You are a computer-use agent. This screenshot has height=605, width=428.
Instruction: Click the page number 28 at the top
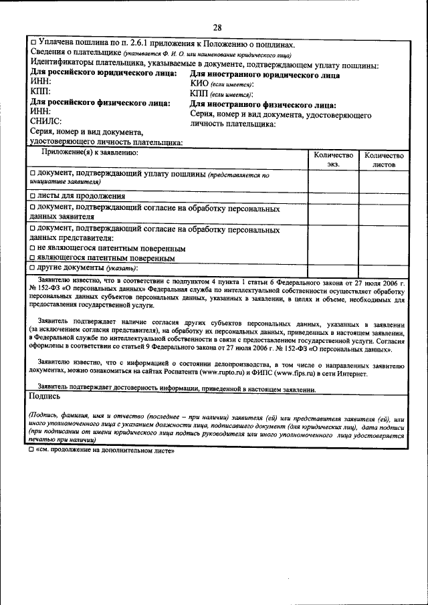coord(217,27)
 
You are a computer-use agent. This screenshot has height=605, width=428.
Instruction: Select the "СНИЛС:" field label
coord(45,122)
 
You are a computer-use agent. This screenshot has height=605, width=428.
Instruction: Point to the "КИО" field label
coord(199,85)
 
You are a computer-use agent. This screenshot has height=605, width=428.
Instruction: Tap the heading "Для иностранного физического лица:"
coord(262,104)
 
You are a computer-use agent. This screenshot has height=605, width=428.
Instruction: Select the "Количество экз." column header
coord(333,158)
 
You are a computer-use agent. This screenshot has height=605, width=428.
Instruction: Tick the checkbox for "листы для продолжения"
coord(33,196)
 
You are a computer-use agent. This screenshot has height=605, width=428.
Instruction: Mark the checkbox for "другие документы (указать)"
coord(33,267)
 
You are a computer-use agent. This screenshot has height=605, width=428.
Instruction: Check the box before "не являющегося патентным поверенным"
coord(33,248)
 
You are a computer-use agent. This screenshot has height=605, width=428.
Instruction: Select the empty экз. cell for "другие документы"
coord(333,267)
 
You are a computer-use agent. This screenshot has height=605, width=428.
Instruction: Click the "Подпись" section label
coord(44,396)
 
